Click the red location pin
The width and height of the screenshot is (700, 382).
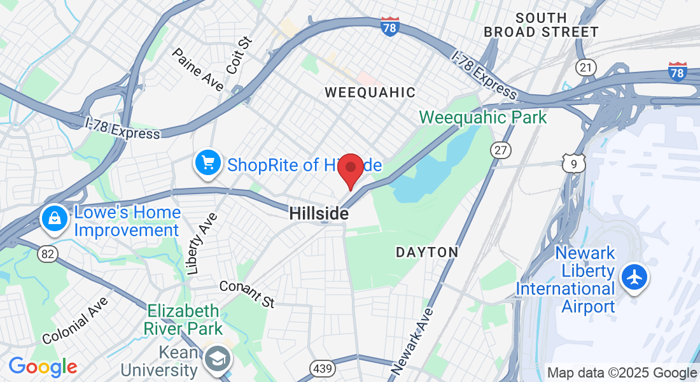(x=350, y=168)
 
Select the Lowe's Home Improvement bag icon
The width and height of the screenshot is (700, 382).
(x=55, y=219)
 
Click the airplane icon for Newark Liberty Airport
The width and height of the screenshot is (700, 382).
(x=634, y=278)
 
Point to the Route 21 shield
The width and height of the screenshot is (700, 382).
(x=585, y=67)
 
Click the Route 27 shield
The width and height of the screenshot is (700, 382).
(x=500, y=150)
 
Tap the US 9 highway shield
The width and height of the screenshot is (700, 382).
(x=573, y=164)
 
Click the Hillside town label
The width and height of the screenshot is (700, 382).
(x=319, y=214)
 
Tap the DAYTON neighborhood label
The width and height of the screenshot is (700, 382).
(x=427, y=252)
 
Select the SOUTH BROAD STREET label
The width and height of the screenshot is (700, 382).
(x=541, y=25)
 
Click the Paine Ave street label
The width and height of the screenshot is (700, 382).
(x=198, y=69)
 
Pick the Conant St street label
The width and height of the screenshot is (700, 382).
(x=247, y=292)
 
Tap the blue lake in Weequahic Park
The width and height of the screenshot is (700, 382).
(x=439, y=169)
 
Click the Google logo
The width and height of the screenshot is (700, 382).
(x=43, y=367)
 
